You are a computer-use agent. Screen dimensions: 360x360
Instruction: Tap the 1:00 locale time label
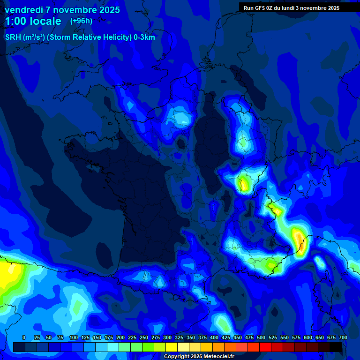coord(33,21)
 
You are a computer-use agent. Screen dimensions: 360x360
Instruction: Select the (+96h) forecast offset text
coord(82,21)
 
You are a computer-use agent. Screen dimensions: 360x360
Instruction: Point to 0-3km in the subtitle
coord(144,37)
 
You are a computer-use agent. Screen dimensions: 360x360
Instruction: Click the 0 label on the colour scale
coord(24,337)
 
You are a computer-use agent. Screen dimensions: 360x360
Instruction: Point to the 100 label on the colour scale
coord(73,337)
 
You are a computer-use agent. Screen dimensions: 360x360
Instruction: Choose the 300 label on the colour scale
coord(167,337)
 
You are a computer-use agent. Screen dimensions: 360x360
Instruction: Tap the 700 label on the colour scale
coord(343,337)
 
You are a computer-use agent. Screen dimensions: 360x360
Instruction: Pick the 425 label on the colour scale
coord(226,337)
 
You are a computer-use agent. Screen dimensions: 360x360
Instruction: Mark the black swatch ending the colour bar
coord(336,347)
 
